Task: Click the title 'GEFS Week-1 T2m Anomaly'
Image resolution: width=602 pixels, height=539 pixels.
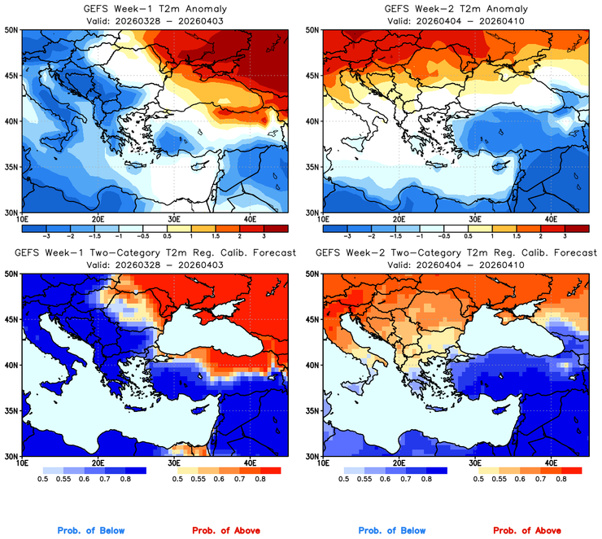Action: click(154, 9)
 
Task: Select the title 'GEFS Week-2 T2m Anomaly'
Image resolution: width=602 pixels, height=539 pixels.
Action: click(455, 9)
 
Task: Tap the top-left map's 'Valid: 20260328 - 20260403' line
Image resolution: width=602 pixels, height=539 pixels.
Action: click(154, 20)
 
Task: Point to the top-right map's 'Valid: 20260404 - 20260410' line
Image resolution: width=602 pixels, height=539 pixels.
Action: click(455, 20)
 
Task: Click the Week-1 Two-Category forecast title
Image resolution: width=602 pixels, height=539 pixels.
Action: click(154, 253)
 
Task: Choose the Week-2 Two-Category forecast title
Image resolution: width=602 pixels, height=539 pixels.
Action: click(455, 253)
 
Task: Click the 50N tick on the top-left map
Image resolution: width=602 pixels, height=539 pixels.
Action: click(12, 30)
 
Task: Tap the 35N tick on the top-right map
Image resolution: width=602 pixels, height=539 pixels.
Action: click(313, 167)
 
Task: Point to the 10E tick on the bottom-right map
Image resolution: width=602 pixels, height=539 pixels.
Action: click(323, 463)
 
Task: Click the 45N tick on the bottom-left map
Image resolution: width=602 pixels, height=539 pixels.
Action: click(12, 319)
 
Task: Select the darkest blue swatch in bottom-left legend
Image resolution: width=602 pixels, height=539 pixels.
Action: click(135, 471)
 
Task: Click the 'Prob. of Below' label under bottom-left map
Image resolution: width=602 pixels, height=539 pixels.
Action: click(90, 531)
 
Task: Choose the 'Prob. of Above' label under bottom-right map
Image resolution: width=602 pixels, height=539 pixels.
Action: click(529, 531)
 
